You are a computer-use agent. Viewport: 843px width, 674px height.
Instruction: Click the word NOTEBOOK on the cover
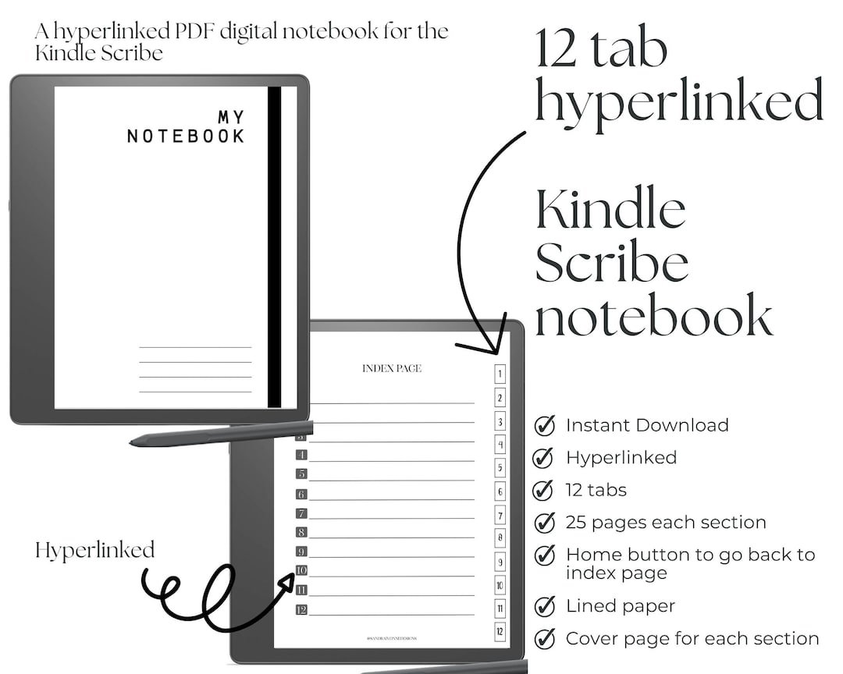186,136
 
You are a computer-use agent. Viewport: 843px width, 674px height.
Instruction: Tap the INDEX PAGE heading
392,368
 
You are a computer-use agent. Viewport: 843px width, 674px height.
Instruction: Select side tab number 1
500,374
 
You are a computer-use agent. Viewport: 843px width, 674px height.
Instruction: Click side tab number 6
500,491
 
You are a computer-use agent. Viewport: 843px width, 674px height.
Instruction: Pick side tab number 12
500,632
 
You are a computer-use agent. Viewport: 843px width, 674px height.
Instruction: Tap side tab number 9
500,562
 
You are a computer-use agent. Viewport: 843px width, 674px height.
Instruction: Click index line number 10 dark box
301,571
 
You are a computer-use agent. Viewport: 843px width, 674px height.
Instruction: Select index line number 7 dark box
301,513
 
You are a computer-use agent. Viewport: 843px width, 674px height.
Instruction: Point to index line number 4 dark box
301,455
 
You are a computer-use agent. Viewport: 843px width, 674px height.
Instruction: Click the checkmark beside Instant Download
544,426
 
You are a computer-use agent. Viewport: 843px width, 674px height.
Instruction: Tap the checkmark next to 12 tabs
543,491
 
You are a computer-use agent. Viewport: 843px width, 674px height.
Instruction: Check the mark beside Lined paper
544,606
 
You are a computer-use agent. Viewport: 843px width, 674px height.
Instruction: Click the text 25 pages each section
666,523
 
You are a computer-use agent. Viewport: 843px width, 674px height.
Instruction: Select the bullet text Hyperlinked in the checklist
621,458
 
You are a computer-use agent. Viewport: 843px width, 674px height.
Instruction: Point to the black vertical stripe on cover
274,247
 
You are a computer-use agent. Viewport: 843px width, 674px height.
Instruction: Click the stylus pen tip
133,443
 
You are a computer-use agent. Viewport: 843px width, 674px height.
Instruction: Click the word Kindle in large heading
610,211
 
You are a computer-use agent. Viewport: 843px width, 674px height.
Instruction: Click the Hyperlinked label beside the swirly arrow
95,550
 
